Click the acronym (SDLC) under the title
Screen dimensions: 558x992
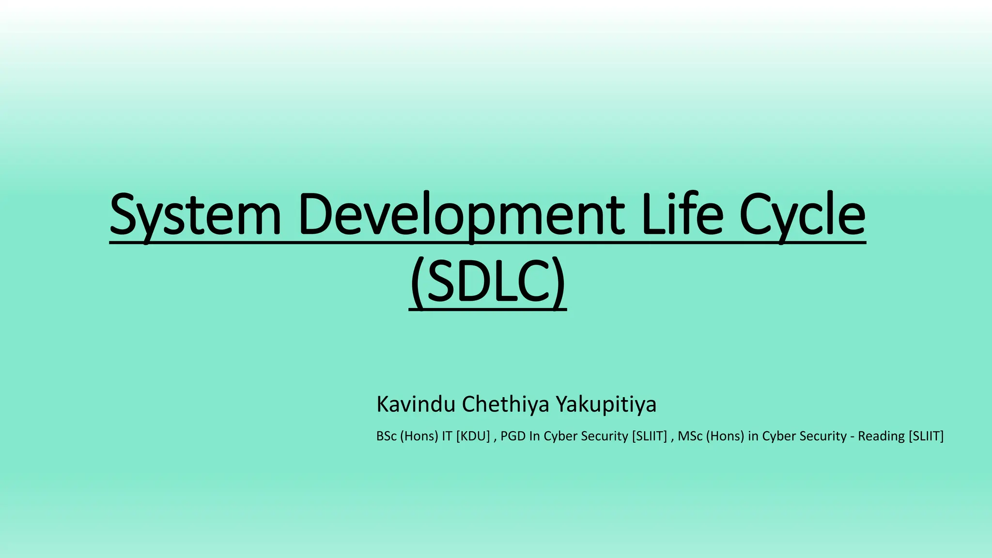coord(488,282)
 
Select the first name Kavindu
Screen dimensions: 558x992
coord(416,404)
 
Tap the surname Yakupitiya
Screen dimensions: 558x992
coord(606,404)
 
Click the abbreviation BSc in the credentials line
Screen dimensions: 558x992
coord(386,436)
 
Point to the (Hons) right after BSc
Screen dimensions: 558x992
coord(419,436)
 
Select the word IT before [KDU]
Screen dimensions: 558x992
coord(447,436)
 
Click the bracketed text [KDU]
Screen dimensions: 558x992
coord(473,436)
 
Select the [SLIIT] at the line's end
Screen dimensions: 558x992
coord(926,436)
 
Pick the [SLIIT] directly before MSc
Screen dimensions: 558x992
coord(650,436)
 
